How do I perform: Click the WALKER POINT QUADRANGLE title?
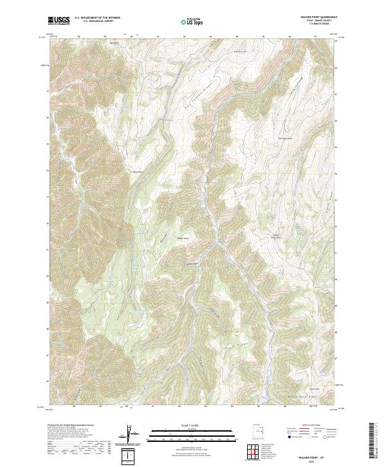point(318,17)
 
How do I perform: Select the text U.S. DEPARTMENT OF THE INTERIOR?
point(97,18)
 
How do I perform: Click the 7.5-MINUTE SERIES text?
point(318,26)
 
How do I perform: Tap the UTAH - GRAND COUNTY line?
point(318,22)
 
